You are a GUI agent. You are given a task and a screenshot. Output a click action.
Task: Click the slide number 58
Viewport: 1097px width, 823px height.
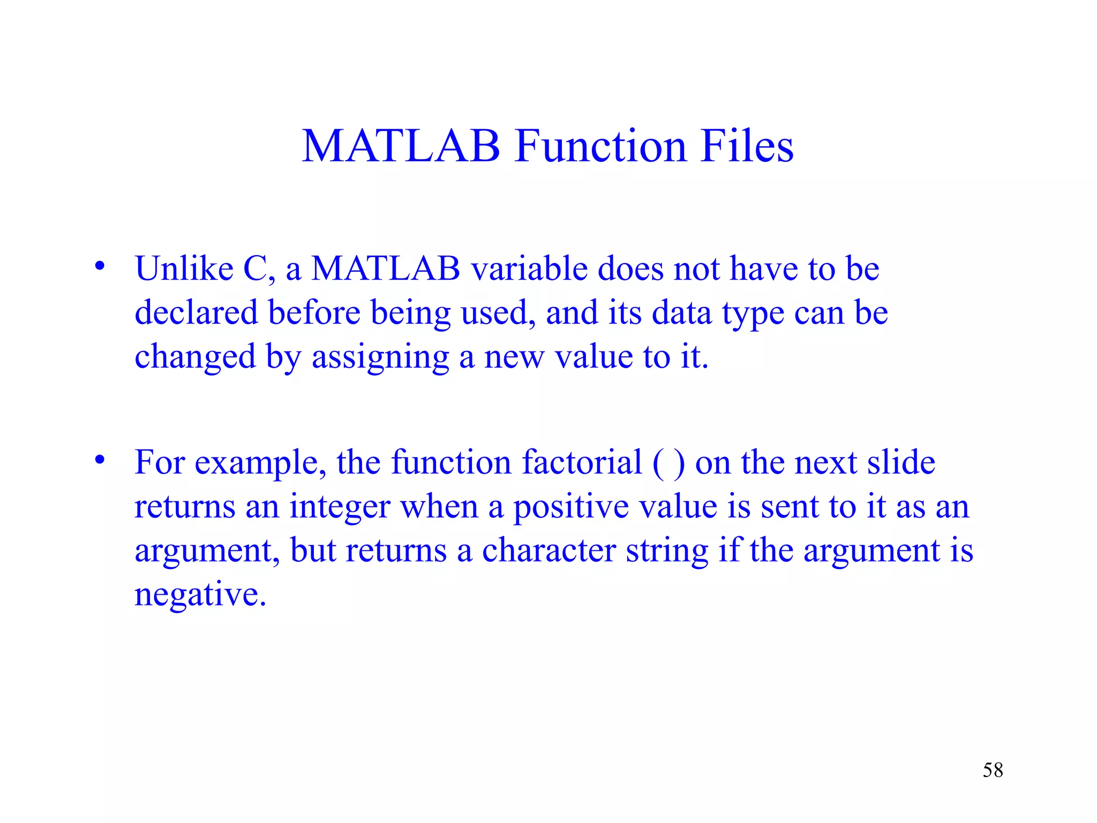[993, 770]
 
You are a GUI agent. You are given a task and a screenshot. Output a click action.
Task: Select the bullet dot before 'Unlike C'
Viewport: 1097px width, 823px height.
[100, 266]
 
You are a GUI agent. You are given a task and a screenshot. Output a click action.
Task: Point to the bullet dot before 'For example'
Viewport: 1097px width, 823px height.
[100, 460]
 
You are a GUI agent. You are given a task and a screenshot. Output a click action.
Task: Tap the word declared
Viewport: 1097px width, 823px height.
[196, 312]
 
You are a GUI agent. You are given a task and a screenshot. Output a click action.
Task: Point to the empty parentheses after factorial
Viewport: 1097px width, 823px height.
[668, 463]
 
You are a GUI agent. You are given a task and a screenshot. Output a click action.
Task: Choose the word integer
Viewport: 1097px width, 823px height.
[340, 507]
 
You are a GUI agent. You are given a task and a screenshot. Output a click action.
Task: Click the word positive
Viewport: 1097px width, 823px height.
[571, 507]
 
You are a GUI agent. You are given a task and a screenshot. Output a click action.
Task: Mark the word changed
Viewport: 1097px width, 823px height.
[195, 357]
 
